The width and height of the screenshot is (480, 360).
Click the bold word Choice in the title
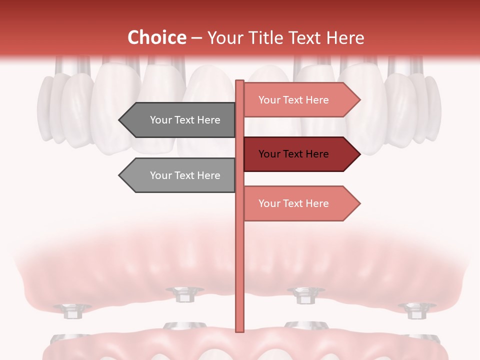coord(156,37)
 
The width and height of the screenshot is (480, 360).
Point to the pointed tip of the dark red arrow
coord(359,154)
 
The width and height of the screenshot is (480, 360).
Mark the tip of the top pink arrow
coord(359,100)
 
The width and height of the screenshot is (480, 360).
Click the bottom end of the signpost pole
coord(239,330)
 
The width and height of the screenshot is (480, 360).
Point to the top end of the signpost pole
coord(239,81)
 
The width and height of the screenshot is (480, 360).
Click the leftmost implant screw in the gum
coord(72,311)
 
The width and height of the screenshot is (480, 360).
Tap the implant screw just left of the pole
coord(184,294)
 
